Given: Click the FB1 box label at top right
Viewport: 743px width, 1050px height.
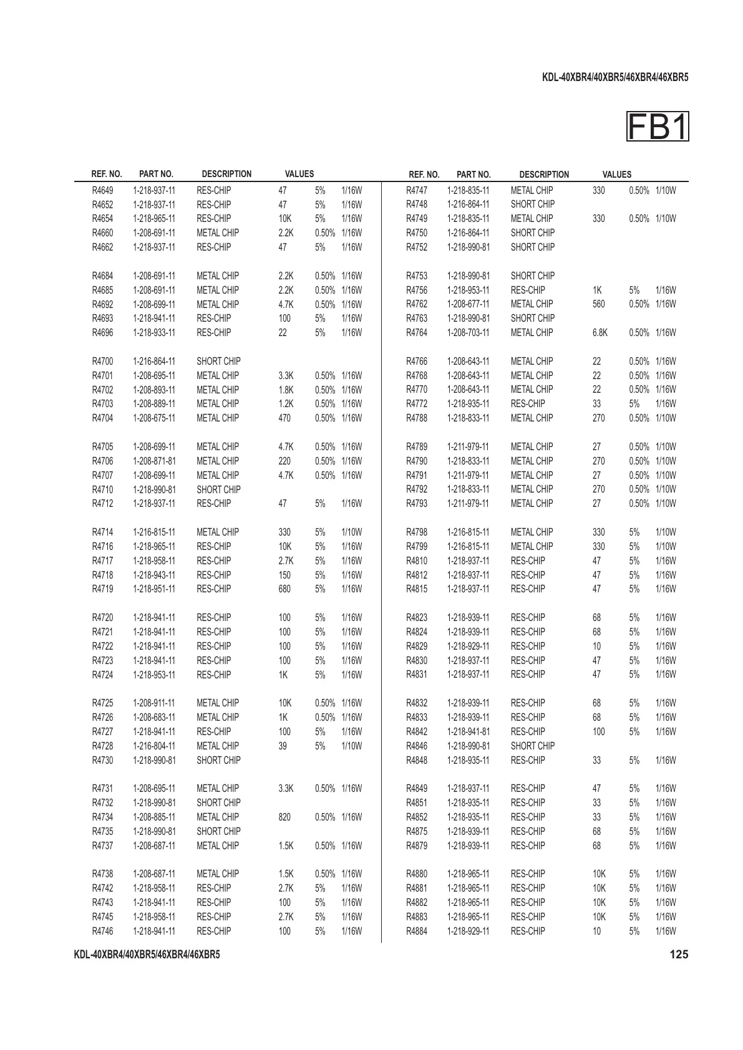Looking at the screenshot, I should click(x=658, y=127).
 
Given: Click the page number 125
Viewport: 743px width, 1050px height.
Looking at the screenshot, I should click(x=679, y=954).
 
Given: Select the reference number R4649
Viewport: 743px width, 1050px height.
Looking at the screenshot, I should click(x=102, y=190).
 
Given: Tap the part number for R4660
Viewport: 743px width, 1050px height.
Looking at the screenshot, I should click(x=154, y=233).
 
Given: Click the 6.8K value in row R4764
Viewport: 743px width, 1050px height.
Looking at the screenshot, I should click(x=600, y=332).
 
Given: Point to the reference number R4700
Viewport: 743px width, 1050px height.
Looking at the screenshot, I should click(x=102, y=361).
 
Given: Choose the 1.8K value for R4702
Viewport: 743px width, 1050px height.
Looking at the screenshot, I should click(x=286, y=390).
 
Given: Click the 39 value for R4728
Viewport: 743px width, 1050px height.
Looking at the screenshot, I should click(x=283, y=746).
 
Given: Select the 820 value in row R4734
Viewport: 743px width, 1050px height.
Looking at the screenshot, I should click(x=284, y=817).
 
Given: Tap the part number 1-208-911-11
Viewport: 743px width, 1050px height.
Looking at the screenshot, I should click(x=154, y=703).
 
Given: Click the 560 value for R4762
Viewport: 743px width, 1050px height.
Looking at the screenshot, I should click(x=598, y=304).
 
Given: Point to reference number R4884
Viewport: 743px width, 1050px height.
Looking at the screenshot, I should click(x=417, y=931).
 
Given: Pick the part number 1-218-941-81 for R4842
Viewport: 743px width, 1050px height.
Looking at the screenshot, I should click(x=469, y=731).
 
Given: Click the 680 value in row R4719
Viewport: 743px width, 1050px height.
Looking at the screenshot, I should click(x=284, y=589).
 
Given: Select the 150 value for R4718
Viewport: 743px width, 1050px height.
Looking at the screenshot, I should click(x=284, y=575).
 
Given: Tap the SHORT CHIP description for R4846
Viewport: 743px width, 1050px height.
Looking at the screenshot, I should click(x=532, y=746).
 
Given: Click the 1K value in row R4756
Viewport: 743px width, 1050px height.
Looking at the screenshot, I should click(x=597, y=290).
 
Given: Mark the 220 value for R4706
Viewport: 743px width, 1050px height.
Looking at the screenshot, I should click(x=284, y=461).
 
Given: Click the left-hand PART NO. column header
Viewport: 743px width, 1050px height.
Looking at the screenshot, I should click(x=156, y=174).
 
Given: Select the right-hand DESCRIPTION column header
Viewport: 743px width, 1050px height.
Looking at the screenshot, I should click(x=544, y=175).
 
